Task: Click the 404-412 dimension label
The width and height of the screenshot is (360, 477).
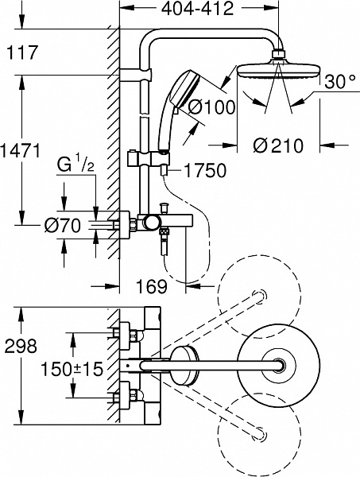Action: tap(197, 10)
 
